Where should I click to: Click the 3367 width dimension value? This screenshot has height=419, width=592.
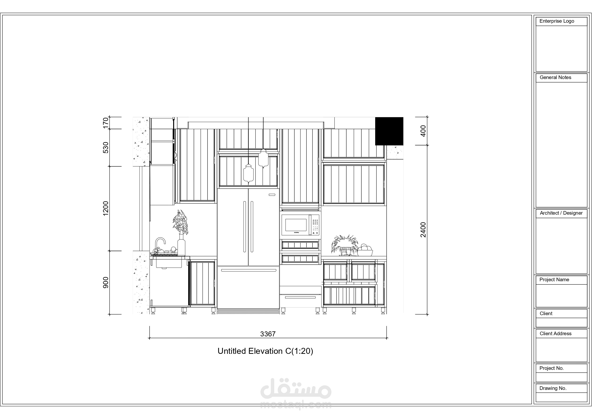pos(268,334)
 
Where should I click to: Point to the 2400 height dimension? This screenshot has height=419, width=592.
pos(423,229)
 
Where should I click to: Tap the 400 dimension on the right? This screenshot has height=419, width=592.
pos(423,131)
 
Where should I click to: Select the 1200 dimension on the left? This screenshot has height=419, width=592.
pos(106,209)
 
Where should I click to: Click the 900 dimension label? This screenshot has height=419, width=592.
pos(106,282)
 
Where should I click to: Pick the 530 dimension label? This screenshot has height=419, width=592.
pos(106,147)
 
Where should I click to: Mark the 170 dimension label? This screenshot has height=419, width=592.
pos(106,123)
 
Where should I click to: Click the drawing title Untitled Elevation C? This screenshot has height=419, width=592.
pos(265,351)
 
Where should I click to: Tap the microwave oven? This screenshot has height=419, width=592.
pos(300,225)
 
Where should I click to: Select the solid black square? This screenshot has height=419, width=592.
pos(389,131)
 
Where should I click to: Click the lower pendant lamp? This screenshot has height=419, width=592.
pos(248,174)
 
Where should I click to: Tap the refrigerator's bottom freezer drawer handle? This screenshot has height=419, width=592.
pos(249,270)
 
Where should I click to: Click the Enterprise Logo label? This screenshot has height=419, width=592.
pos(557,21)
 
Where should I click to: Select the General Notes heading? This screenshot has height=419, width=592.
pos(555,77)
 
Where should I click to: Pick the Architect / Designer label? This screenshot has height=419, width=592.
pos(561,213)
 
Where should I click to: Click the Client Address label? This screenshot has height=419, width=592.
pos(555,334)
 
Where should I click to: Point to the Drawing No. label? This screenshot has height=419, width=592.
pos(553,388)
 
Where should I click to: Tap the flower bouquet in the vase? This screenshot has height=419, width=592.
pos(181,222)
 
